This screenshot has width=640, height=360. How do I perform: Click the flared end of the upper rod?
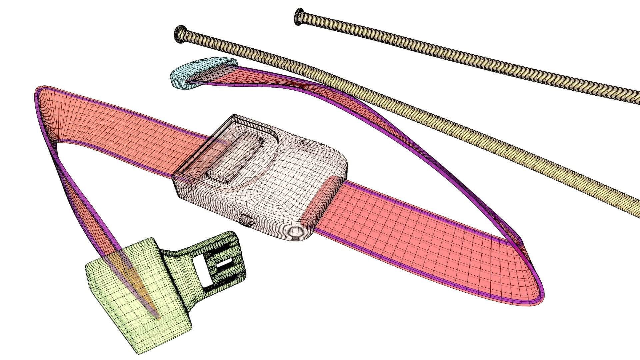[299, 17]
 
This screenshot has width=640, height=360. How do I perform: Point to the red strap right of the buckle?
[417, 233]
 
